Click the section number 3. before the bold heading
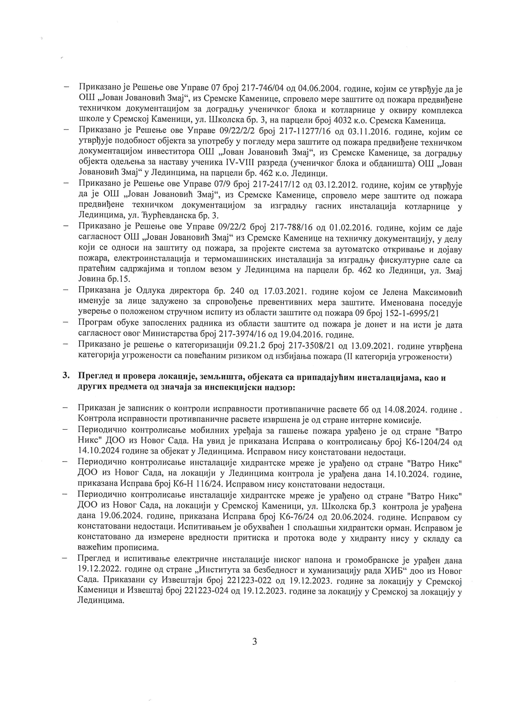click(x=66, y=378)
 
